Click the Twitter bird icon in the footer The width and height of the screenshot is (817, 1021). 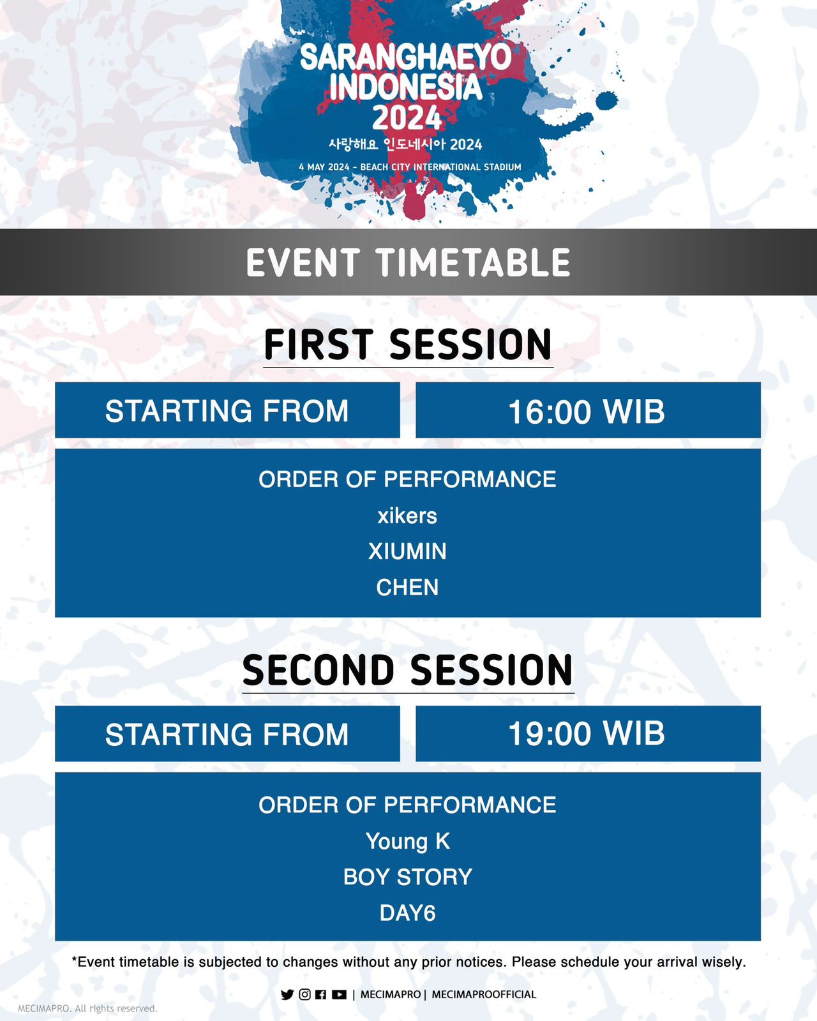[x=287, y=994]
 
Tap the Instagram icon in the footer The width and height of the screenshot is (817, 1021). [x=304, y=994]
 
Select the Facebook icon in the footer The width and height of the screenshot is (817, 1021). [x=321, y=994]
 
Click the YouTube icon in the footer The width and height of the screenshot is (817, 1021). [x=339, y=994]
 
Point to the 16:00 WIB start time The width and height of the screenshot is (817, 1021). [x=587, y=412]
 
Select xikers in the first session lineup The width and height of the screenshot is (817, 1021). [x=407, y=516]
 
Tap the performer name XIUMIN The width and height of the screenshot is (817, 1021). [x=407, y=551]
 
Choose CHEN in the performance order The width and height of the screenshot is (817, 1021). [x=407, y=587]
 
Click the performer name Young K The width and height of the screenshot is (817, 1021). [x=408, y=842]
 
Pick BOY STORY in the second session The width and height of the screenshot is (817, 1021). [x=408, y=877]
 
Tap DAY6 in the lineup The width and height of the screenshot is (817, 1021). [x=408, y=913]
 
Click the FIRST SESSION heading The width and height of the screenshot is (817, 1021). [x=408, y=345]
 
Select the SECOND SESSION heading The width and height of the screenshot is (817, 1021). [x=408, y=670]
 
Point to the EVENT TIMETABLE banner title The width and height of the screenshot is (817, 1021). [x=408, y=262]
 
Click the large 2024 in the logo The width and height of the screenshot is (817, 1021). [x=407, y=117]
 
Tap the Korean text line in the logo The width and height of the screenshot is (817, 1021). [x=405, y=144]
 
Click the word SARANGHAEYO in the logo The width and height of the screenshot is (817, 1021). [x=406, y=57]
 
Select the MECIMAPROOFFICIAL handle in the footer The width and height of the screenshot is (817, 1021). [x=484, y=994]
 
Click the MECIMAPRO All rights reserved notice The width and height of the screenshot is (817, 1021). [x=87, y=1008]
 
